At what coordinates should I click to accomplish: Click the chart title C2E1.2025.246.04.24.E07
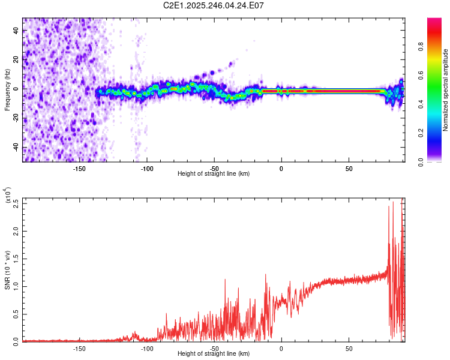pyautogui.click(x=214, y=5)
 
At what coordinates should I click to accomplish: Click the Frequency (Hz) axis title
pyautogui.click(x=7, y=90)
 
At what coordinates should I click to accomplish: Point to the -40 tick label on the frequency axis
pyautogui.click(x=16, y=148)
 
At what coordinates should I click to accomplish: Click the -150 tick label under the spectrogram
pyautogui.click(x=79, y=168)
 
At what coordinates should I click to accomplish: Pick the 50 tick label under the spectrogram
pyautogui.click(x=349, y=168)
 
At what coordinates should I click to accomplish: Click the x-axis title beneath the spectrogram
pyautogui.click(x=214, y=173)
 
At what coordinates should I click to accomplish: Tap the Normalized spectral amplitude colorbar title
pyautogui.click(x=446, y=90)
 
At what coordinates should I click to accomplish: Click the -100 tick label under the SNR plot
pyautogui.click(x=146, y=348)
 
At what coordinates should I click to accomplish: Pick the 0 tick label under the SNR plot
pyautogui.click(x=281, y=348)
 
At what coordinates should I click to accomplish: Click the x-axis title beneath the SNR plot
pyautogui.click(x=214, y=353)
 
